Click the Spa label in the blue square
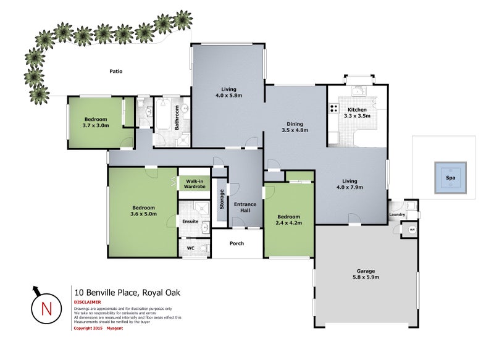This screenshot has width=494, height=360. pyautogui.click(x=450, y=178)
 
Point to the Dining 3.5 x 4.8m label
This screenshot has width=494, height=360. pyautogui.click(x=294, y=127)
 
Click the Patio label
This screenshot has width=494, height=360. pyautogui.click(x=115, y=72)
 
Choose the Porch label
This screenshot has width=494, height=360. pyautogui.click(x=237, y=243)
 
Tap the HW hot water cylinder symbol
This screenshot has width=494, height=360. pyautogui.click(x=412, y=230)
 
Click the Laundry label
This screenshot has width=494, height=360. pyautogui.click(x=397, y=215)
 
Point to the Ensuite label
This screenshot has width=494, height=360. pyautogui.click(x=190, y=221)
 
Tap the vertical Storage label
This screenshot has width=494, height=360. pyautogui.click(x=222, y=199)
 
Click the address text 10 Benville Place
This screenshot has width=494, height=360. pyautogui.click(x=127, y=293)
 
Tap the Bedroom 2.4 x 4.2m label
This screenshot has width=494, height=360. pyautogui.click(x=288, y=220)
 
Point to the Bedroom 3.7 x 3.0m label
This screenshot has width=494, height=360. pyautogui.click(x=96, y=122)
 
